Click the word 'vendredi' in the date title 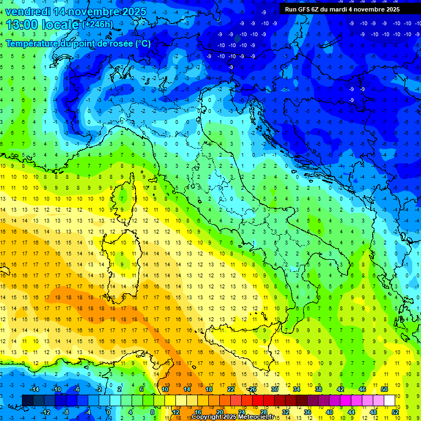tap(29, 12)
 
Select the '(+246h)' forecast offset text tap(98, 25)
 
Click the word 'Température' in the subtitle tap(33, 43)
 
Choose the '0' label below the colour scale tap(109, 412)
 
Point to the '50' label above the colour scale tap(384, 389)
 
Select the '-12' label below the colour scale tap(46, 412)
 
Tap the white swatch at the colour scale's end tap(389, 400)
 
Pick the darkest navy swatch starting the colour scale tap(27, 400)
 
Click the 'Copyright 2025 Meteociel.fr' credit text tap(232, 417)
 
